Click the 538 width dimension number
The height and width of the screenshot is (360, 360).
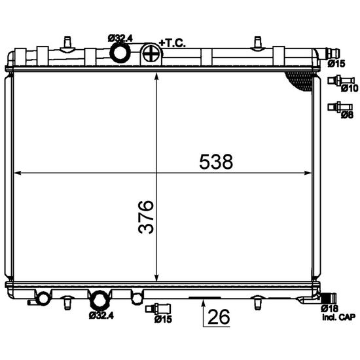coord(216,162)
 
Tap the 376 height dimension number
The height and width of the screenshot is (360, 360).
coord(146,217)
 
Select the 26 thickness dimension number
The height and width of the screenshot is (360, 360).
coord(219,317)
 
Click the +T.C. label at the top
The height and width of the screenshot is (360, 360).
coord(172,43)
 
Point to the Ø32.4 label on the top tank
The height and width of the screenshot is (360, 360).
coord(120,39)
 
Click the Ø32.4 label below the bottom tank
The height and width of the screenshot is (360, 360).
coord(101,316)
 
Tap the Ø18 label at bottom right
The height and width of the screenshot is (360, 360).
coord(329,308)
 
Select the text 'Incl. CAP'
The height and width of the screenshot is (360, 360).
coord(338,317)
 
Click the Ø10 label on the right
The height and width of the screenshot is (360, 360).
coord(350,88)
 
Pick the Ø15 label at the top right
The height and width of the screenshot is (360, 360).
coord(336,63)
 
